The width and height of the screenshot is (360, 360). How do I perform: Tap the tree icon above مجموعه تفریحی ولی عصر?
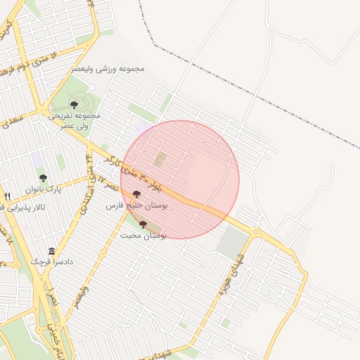[74, 105]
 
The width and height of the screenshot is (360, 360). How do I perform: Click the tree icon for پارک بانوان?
[43, 179]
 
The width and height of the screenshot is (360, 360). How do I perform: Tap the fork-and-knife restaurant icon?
[7, 196]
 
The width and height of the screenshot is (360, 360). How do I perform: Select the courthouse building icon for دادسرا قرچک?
[51, 251]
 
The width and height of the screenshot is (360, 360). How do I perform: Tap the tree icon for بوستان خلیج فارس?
[136, 195]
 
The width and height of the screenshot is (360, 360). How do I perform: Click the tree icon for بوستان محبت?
[143, 224]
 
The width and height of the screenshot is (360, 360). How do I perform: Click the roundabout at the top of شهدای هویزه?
[255, 232]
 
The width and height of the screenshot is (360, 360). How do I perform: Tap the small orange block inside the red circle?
[159, 160]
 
